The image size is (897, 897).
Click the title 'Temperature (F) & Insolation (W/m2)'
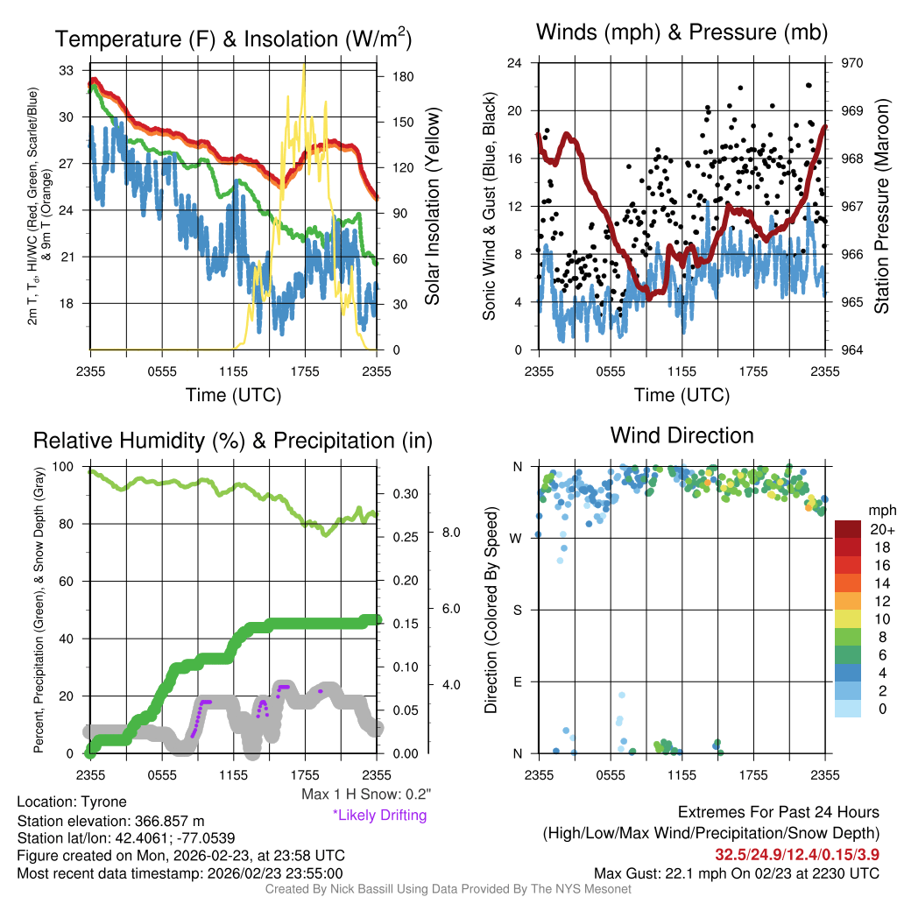point(234,39)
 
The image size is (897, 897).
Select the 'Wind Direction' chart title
point(682,435)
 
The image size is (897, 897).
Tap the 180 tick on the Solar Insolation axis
point(404,76)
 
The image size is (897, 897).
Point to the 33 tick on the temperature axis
point(65,70)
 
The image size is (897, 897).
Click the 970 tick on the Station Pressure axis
point(851,63)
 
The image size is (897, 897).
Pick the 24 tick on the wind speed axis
point(515,63)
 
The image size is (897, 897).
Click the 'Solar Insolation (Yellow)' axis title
point(433,207)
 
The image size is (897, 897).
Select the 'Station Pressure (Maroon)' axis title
point(882,207)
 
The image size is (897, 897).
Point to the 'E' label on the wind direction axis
point(518,682)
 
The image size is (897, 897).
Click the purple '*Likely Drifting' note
point(378,816)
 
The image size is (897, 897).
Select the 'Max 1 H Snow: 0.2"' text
point(365,795)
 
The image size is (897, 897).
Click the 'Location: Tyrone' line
point(72,802)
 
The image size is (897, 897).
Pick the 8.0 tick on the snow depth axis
point(450,532)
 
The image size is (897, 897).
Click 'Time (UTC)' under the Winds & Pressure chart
point(682,395)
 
